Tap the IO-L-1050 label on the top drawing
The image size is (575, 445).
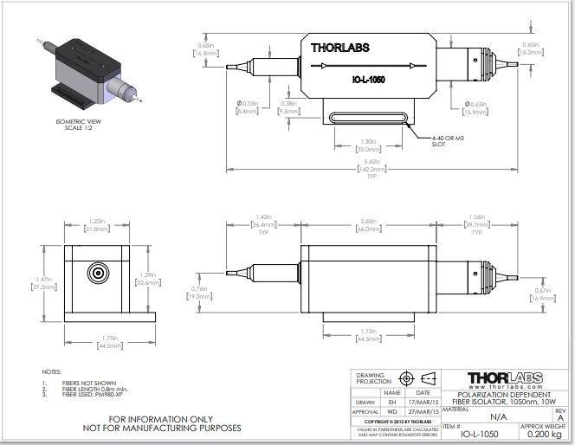click(x=368, y=79)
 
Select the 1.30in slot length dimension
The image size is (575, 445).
click(x=367, y=141)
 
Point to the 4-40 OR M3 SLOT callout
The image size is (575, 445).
click(x=447, y=140)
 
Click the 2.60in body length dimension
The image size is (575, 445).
click(x=369, y=222)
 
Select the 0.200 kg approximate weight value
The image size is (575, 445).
click(x=542, y=435)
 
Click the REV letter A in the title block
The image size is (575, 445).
click(x=560, y=417)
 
